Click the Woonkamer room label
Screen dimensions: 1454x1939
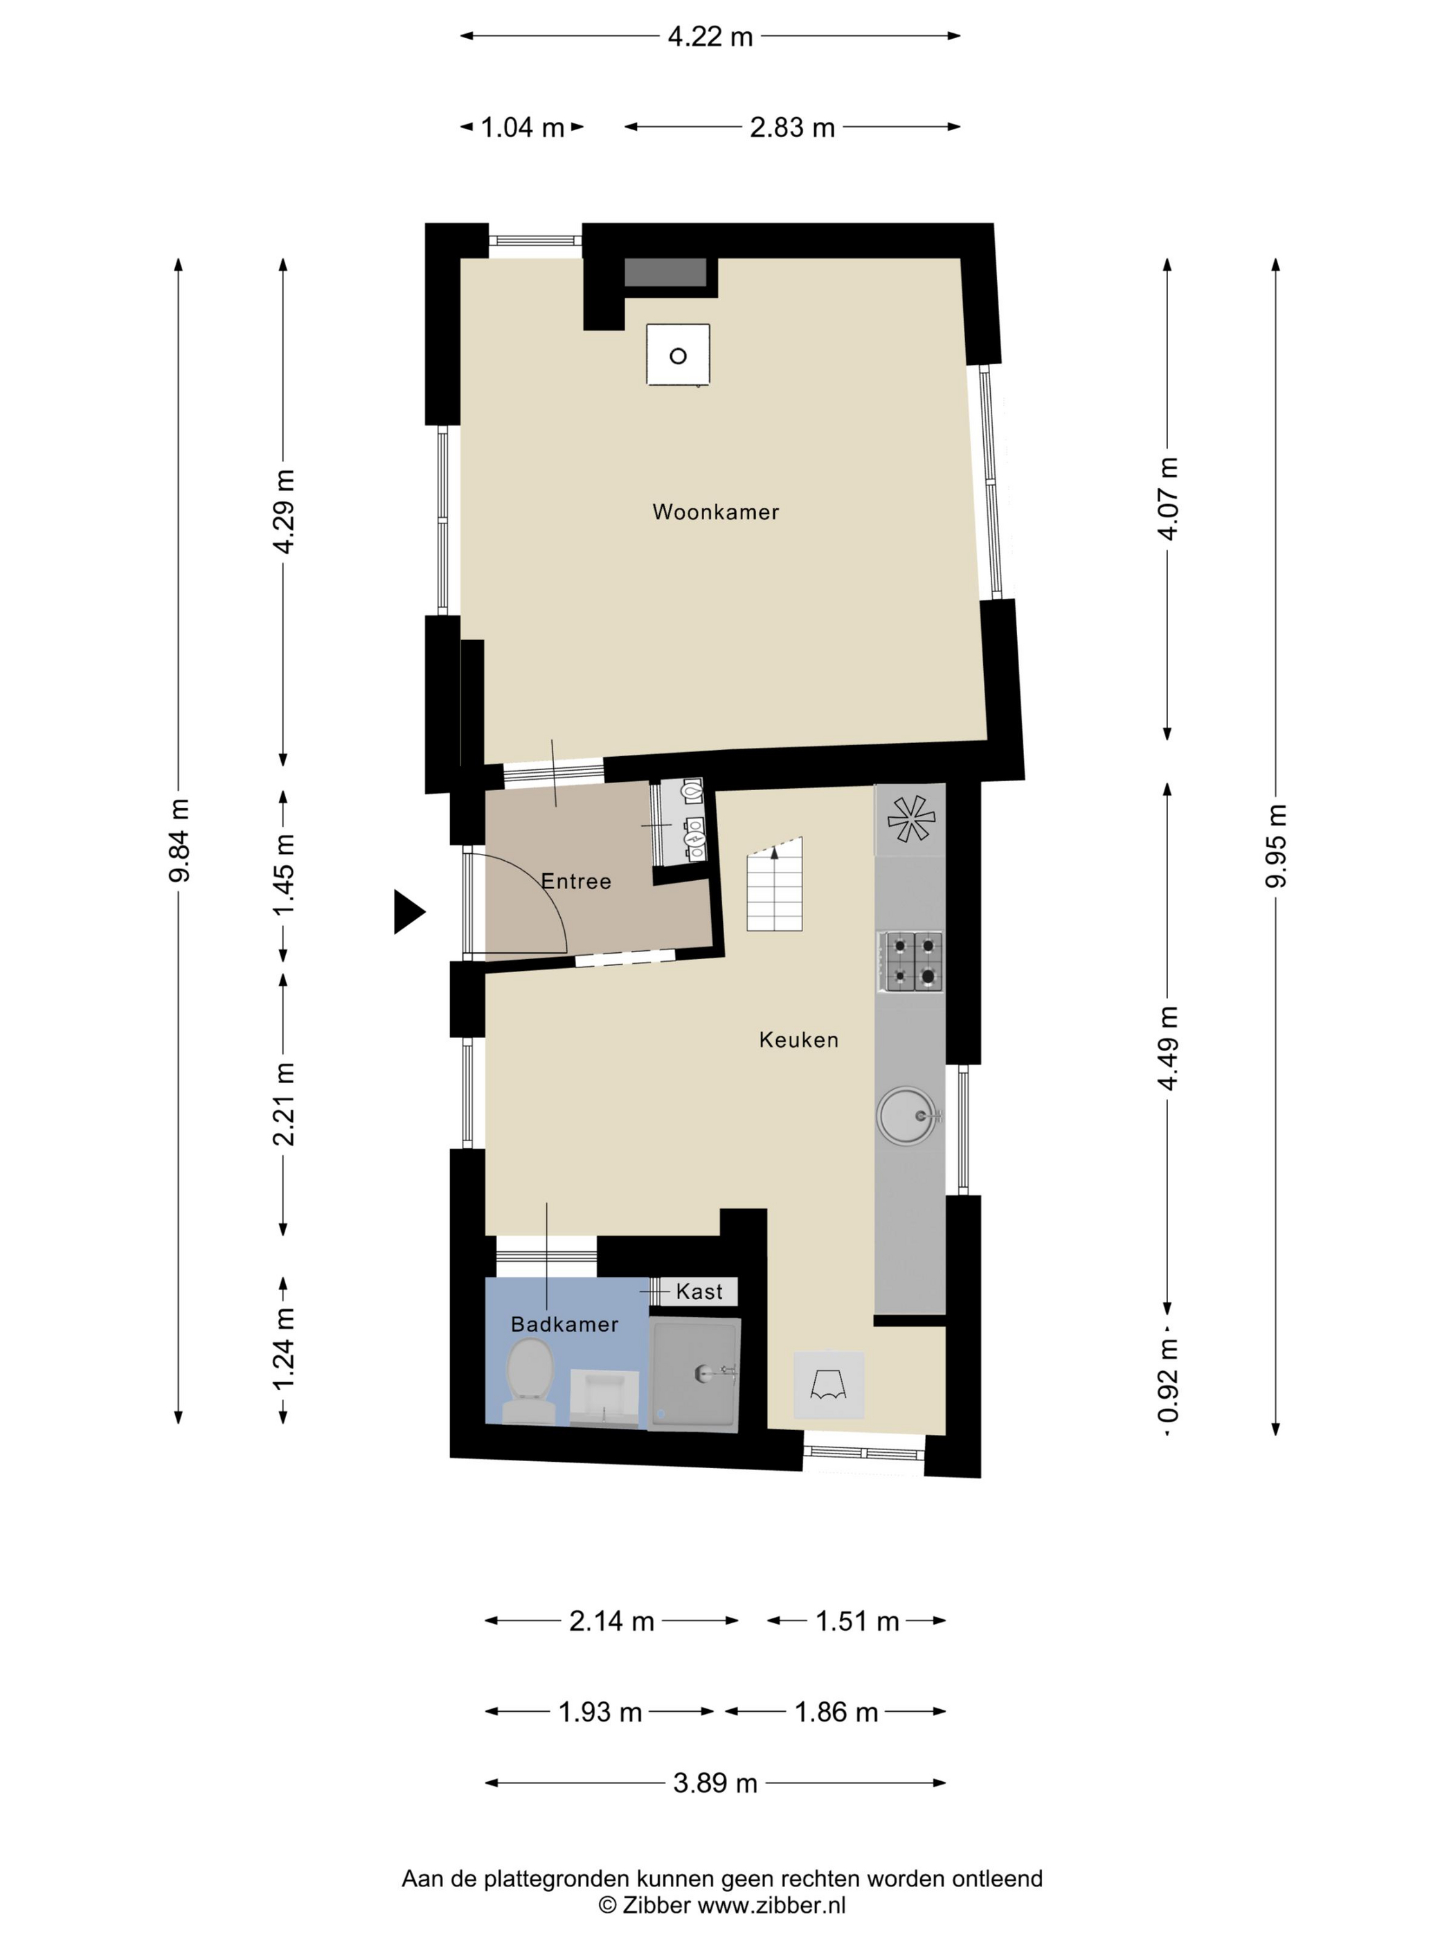[715, 512]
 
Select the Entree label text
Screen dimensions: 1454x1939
[576, 881]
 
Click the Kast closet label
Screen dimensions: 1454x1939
[699, 1292]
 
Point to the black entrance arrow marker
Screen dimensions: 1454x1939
[409, 911]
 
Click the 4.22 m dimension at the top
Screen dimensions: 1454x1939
[710, 37]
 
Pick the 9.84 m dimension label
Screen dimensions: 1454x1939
[179, 841]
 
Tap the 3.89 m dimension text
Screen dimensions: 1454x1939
[715, 1783]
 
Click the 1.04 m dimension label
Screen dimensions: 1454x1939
[522, 128]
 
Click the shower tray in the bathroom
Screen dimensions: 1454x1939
[694, 1374]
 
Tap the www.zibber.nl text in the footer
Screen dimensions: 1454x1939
[771, 1905]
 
